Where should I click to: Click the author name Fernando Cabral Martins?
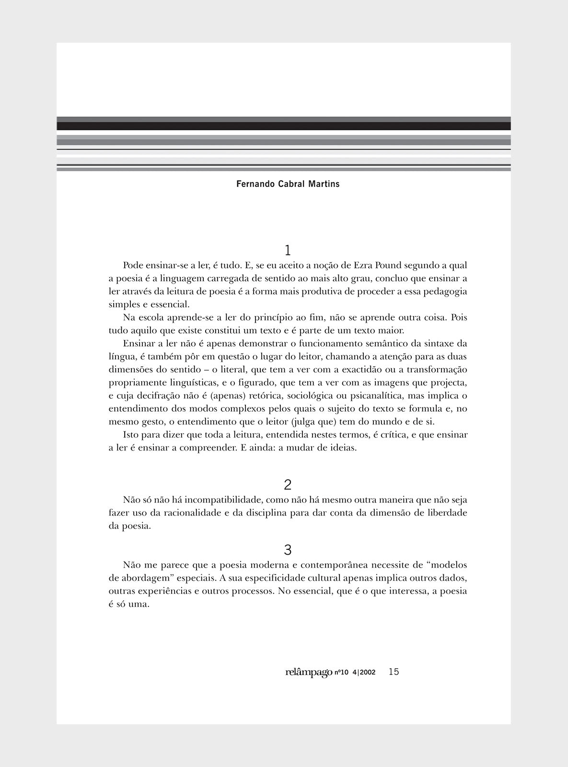point(288,184)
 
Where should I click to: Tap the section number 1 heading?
point(288,250)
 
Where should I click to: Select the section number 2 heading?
point(288,485)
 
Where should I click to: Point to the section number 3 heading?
point(288,550)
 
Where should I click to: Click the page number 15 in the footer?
point(394,672)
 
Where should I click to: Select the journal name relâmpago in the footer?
point(309,673)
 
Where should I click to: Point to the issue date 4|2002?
point(364,673)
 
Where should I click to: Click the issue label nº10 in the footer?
point(341,673)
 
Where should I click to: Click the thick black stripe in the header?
point(284,126)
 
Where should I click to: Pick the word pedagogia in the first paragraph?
point(443,291)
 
